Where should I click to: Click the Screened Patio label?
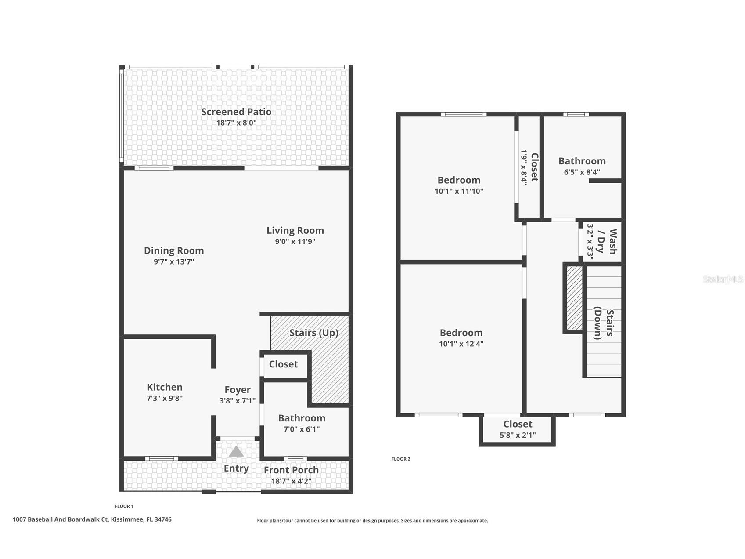point(236,112)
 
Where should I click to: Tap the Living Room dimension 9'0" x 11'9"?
point(295,241)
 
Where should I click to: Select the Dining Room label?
point(174,250)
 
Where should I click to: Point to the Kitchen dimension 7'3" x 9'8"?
point(164,398)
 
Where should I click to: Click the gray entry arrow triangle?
point(236,452)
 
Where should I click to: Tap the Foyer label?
point(238,390)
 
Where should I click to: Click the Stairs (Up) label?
point(313,333)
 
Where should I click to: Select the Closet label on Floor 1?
point(283,364)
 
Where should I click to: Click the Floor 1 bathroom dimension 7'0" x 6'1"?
point(301,429)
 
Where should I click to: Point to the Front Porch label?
point(291,470)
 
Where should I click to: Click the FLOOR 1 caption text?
point(124,506)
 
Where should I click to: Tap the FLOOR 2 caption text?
point(400,459)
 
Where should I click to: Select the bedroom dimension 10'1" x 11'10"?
point(459,191)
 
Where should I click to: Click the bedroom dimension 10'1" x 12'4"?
point(461,344)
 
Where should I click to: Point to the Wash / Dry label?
point(606,242)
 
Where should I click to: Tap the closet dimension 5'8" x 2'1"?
point(518,436)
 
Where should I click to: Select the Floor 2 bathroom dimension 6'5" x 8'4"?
point(582,172)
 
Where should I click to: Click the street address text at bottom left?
point(92,519)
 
